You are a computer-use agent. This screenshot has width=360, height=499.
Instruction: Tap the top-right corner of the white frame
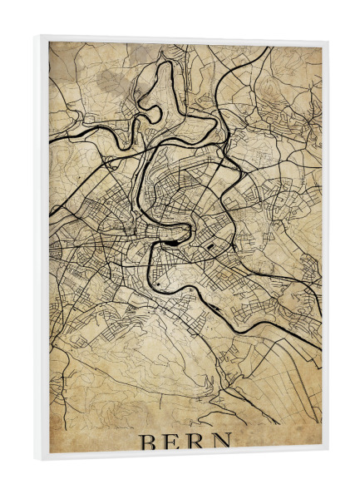(328, 40)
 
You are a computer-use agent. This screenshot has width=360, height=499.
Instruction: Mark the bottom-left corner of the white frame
(35, 459)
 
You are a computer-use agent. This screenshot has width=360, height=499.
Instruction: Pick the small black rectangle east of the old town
(214, 247)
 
